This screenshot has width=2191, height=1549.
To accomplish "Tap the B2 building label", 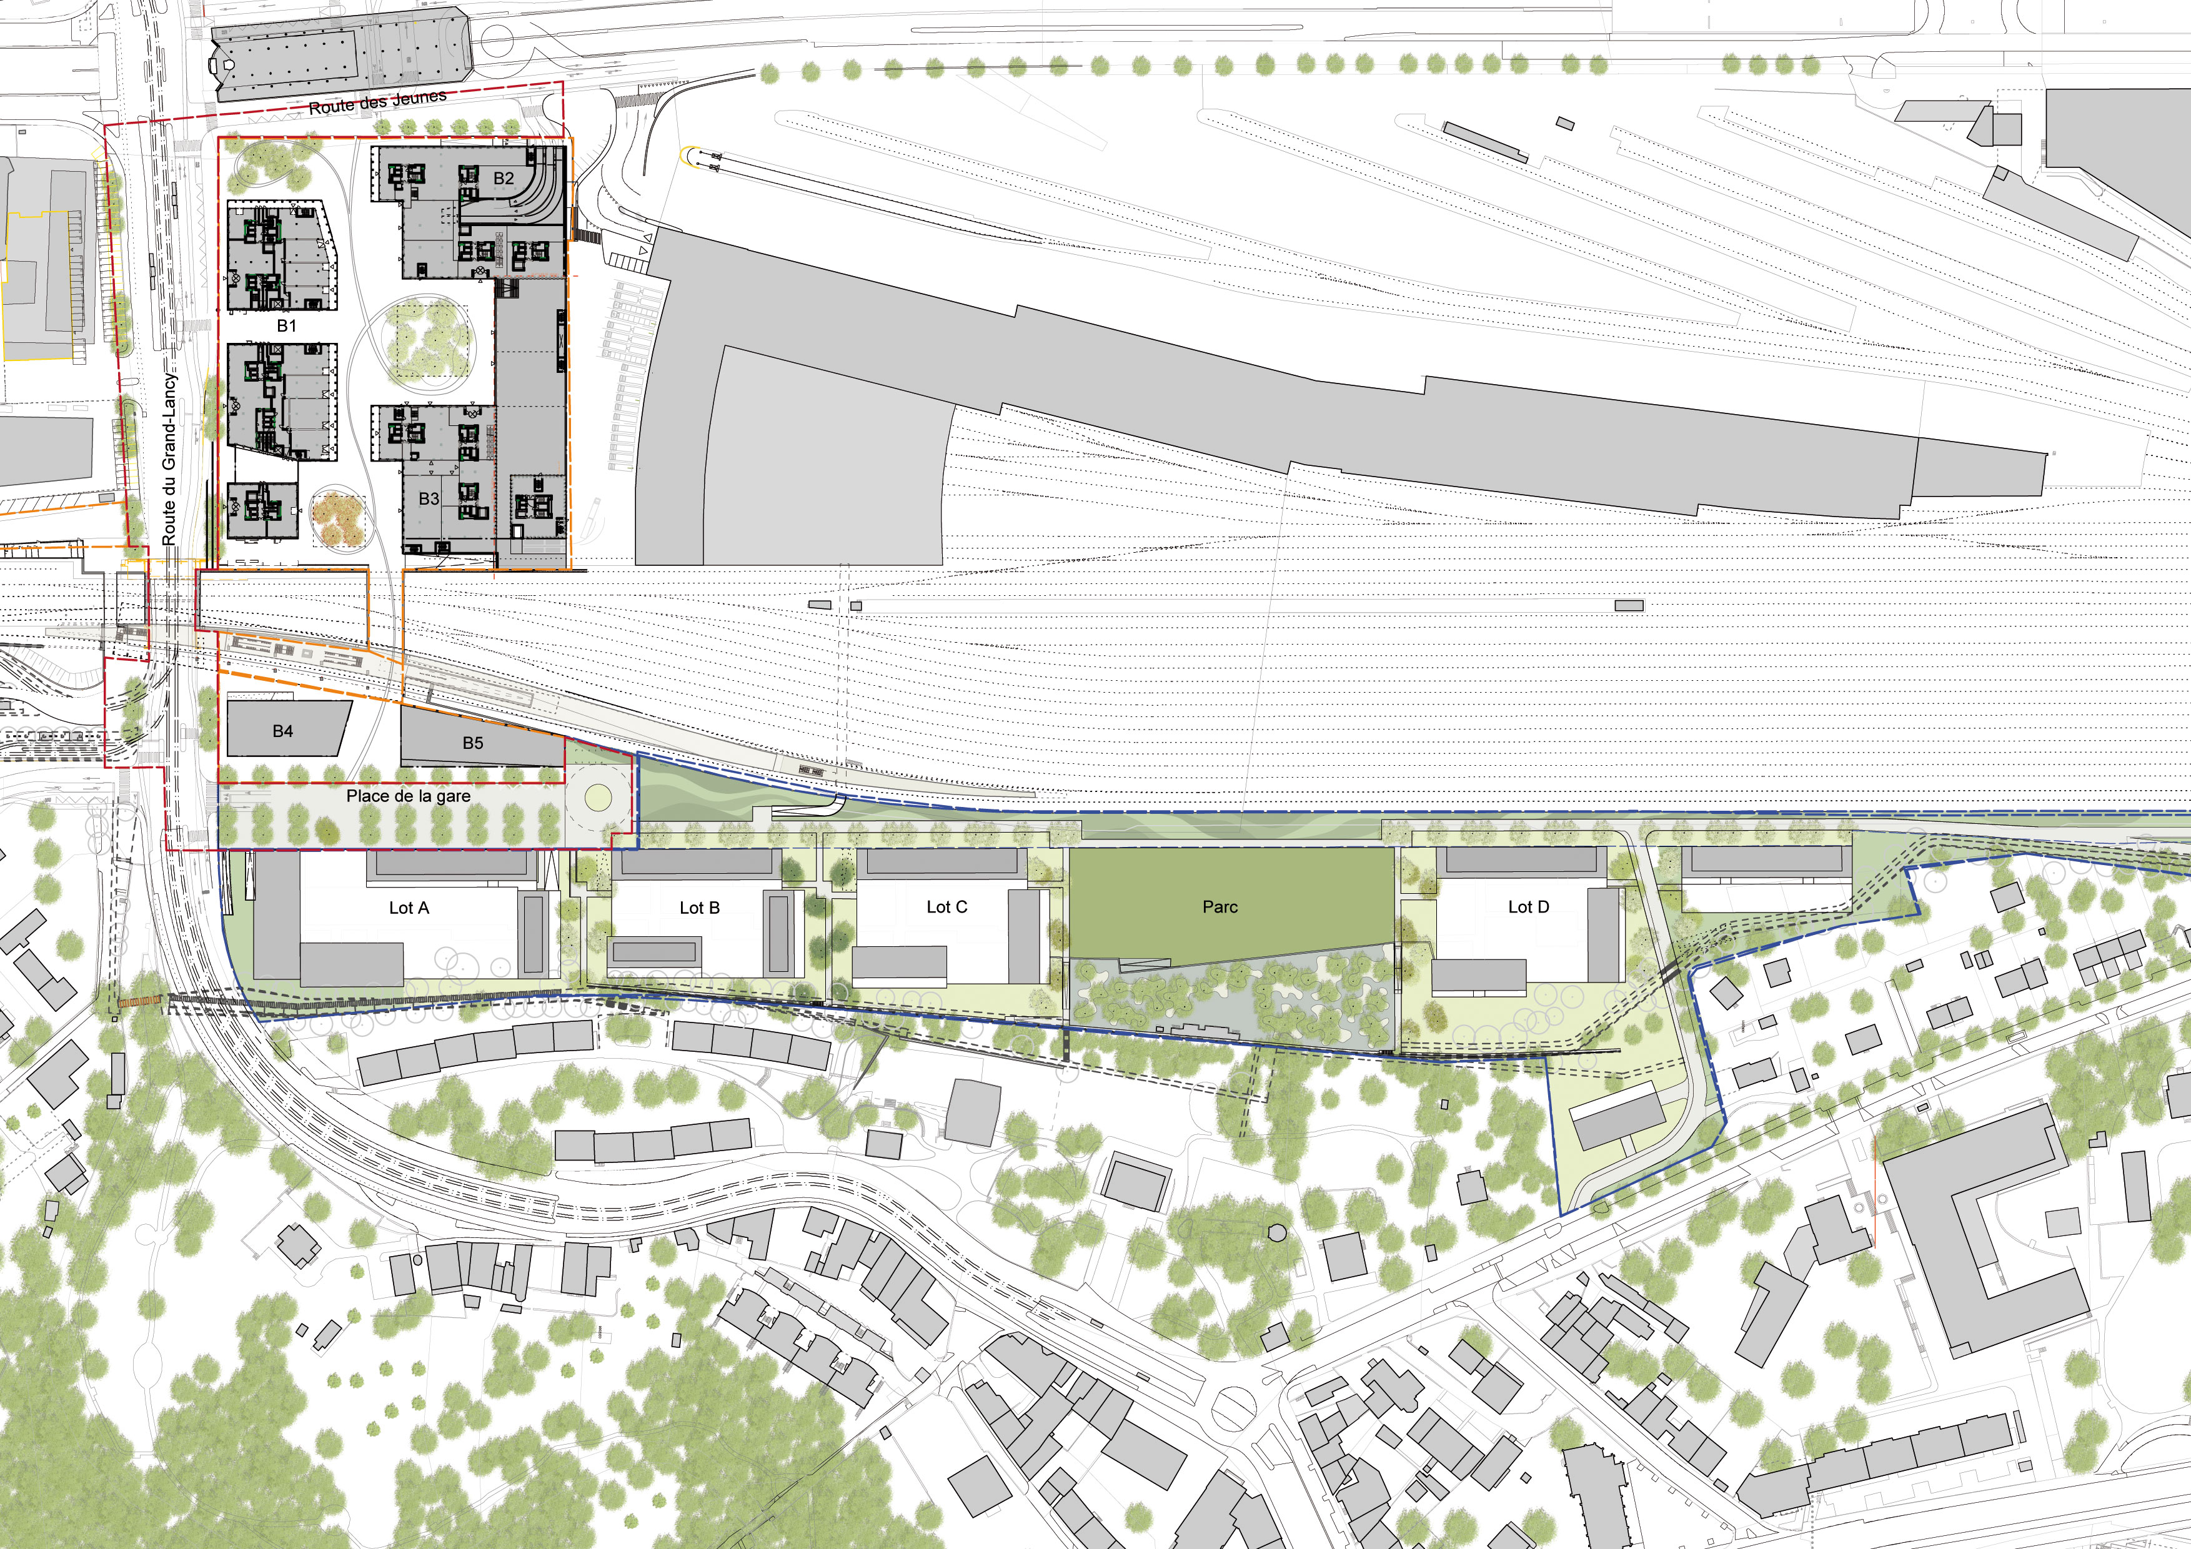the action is [504, 179].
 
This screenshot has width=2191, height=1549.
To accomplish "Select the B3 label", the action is [429, 499].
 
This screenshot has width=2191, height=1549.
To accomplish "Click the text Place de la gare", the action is [409, 796].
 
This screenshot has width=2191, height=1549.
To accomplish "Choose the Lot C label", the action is [946, 907].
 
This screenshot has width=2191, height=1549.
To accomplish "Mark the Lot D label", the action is [1529, 907].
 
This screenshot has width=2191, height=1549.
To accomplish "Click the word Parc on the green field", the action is [1221, 907].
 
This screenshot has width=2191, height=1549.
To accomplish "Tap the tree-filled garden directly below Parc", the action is [1231, 1001].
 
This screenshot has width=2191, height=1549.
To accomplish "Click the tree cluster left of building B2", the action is [277, 166].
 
